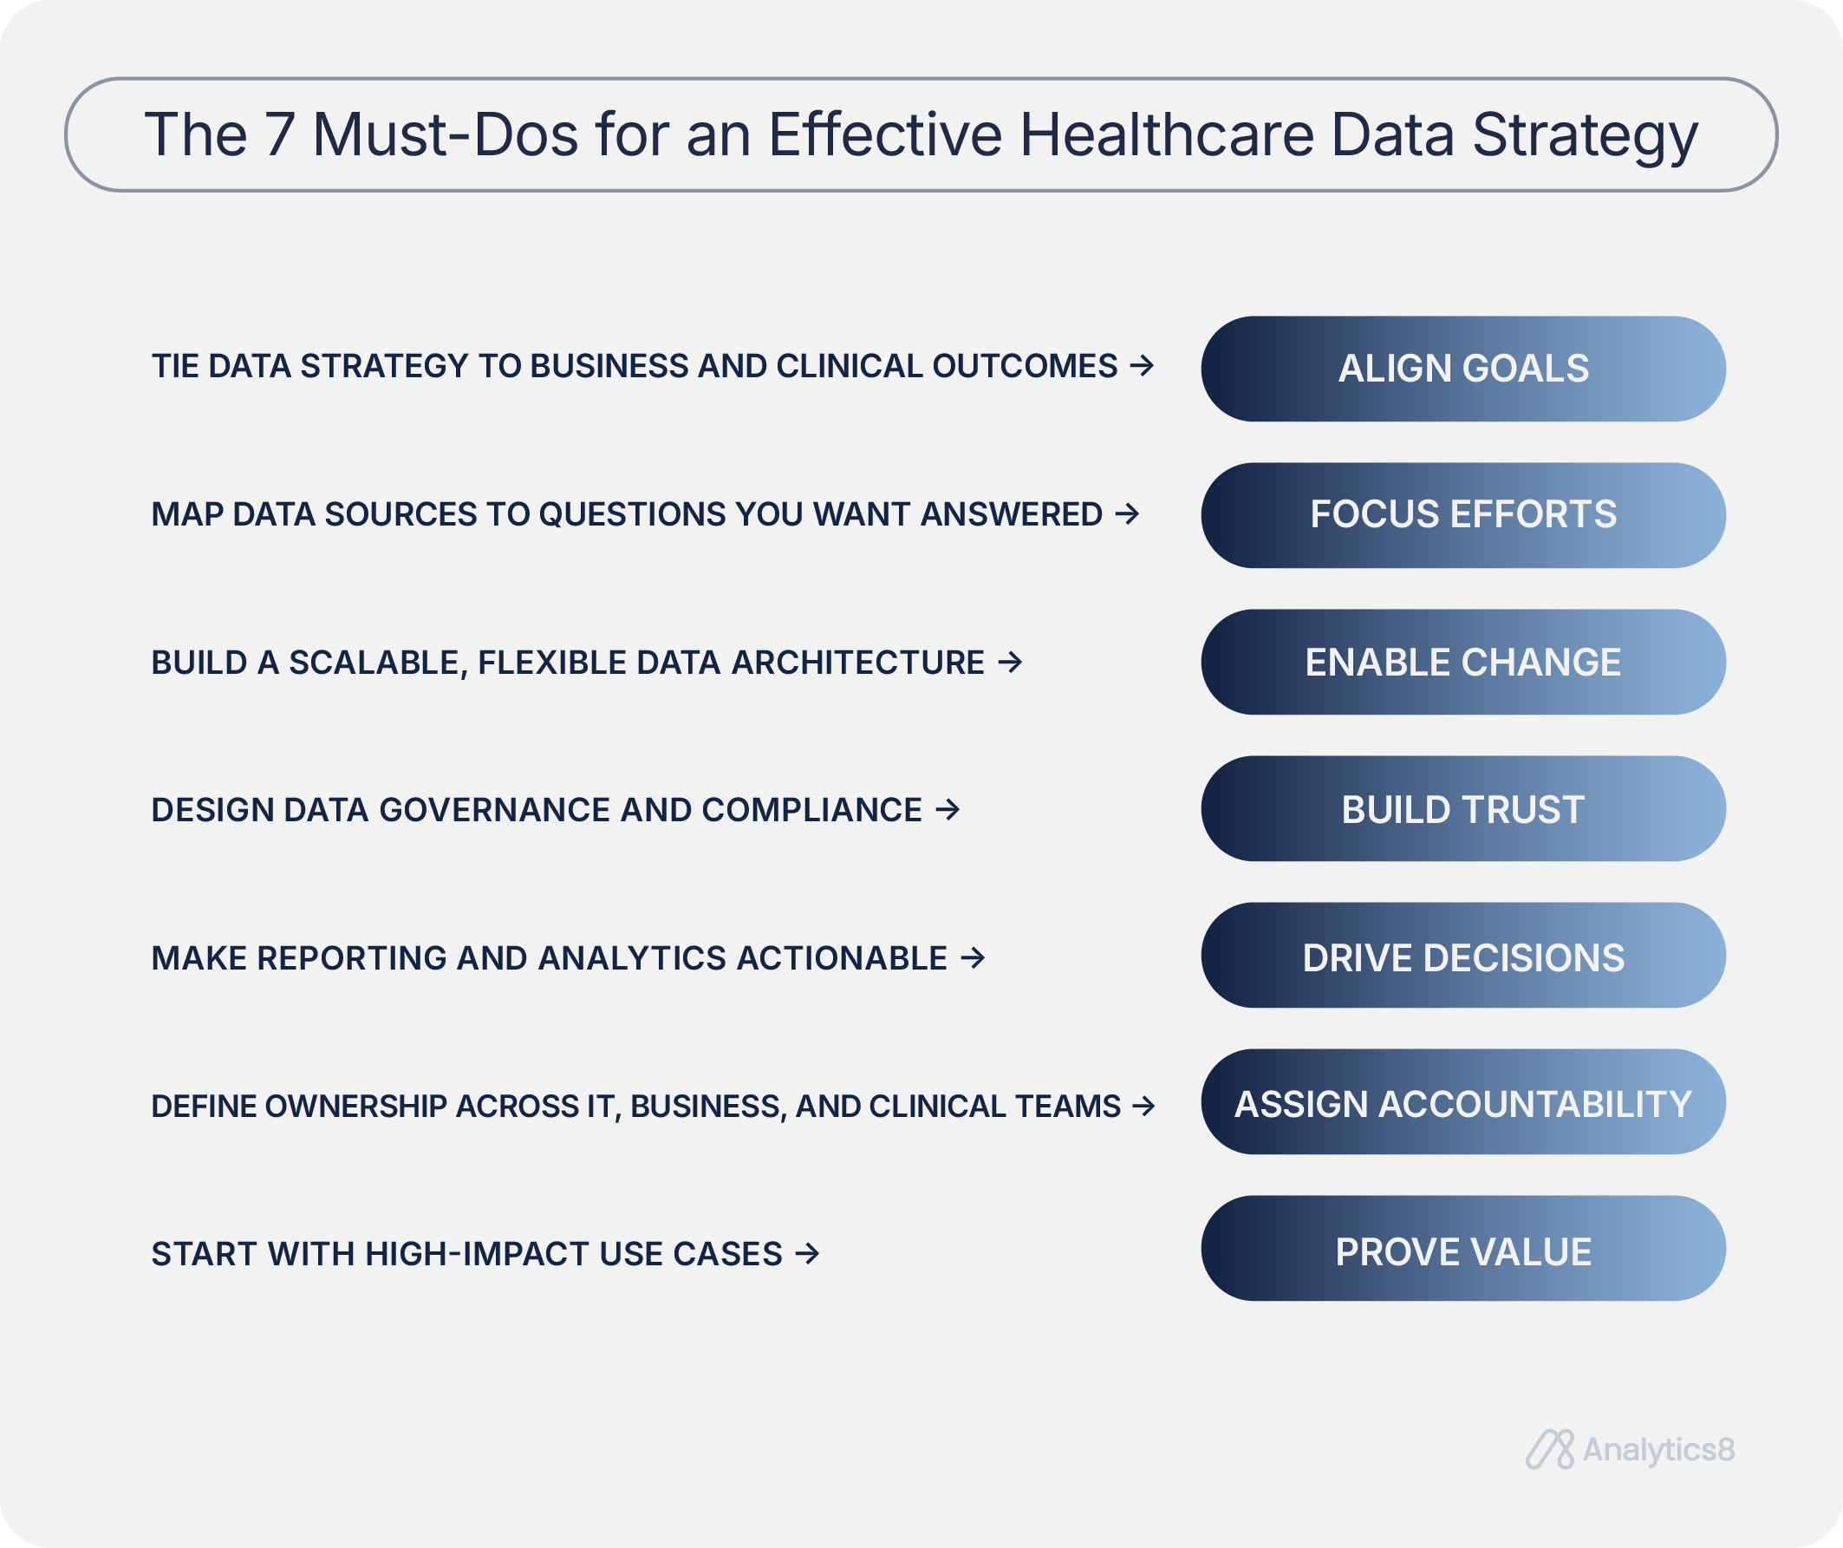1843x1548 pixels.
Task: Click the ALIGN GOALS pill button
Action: click(x=1463, y=369)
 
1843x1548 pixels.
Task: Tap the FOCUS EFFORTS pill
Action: click(x=1463, y=515)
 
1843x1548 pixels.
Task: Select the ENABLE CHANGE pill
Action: click(x=1463, y=662)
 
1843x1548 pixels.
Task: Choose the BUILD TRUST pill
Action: click(x=1463, y=808)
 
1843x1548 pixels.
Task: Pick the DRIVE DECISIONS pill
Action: click(x=1463, y=956)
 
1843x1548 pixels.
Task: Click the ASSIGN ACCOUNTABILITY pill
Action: click(x=1463, y=1102)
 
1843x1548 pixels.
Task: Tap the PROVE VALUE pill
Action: click(x=1463, y=1249)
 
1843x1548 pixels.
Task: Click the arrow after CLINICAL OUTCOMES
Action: click(x=1142, y=364)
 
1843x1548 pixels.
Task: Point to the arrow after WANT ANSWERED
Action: click(x=1127, y=513)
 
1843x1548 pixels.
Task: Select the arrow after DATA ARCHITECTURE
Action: click(x=1010, y=661)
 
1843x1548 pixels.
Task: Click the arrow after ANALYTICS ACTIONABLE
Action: click(x=973, y=957)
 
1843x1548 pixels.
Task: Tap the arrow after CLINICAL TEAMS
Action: click(x=1143, y=1106)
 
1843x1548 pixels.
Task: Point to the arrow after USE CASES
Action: click(x=807, y=1253)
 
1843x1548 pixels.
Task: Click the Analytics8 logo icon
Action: click(x=1550, y=1450)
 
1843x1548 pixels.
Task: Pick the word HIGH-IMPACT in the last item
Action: click(x=476, y=1254)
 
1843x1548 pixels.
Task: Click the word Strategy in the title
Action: click(x=1585, y=137)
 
